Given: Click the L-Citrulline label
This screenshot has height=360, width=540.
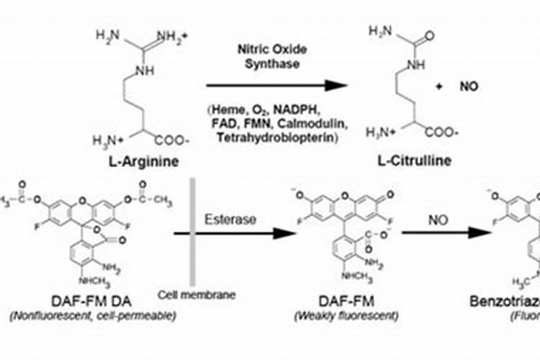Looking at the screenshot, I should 416,160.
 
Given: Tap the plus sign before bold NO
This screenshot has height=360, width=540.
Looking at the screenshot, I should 439,86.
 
